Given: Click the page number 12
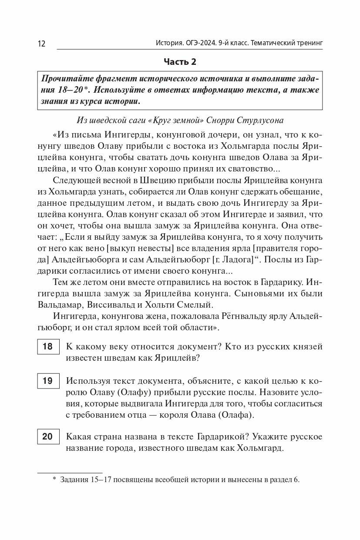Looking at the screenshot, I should (41, 44).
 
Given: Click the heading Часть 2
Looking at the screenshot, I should (180, 62).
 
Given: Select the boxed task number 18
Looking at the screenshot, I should (47, 346).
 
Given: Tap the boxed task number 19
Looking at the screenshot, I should (47, 381).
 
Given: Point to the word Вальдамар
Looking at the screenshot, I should (71, 304).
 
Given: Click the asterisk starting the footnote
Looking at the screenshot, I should (54, 480).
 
